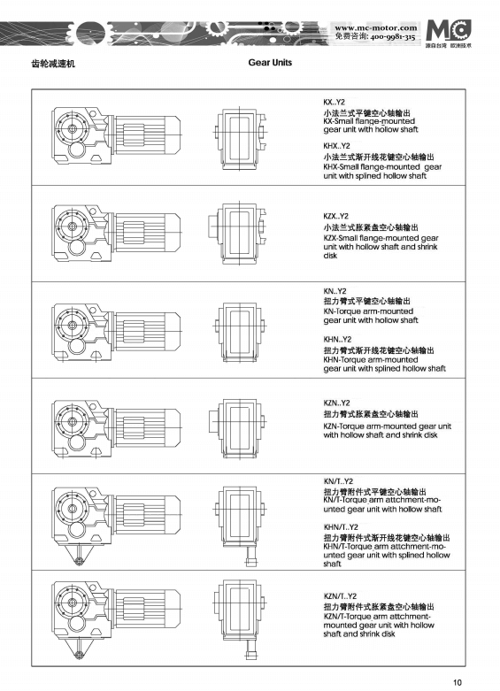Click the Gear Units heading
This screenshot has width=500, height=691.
coord(271,63)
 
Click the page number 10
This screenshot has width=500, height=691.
coord(457,681)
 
